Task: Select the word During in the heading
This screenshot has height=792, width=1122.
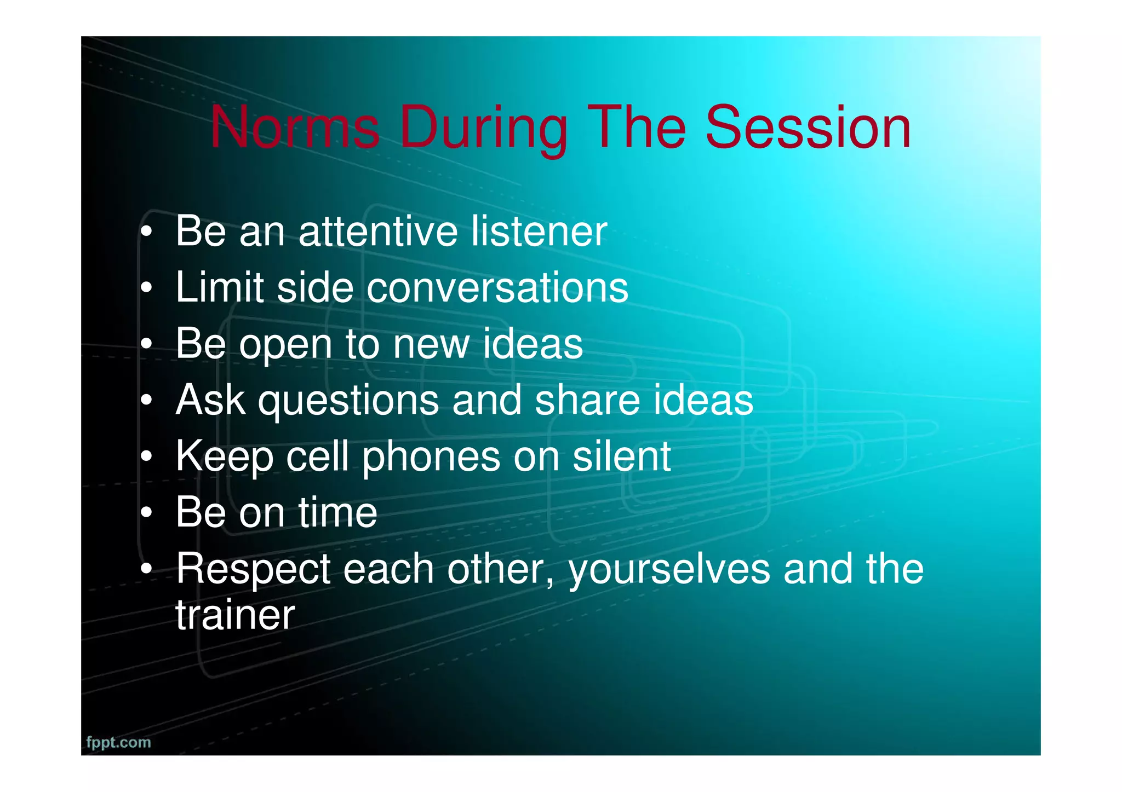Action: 484,129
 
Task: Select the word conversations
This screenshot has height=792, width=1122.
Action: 497,288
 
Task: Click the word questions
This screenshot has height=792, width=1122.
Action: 348,401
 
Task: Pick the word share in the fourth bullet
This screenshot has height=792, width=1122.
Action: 587,400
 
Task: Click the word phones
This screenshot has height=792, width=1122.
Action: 431,458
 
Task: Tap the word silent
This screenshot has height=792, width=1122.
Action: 621,456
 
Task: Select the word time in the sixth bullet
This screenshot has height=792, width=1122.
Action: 337,513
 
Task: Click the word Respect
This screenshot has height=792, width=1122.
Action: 253,570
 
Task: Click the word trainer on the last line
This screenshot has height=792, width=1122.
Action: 235,615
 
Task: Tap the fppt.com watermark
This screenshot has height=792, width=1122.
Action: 118,742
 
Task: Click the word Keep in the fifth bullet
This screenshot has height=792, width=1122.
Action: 224,458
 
